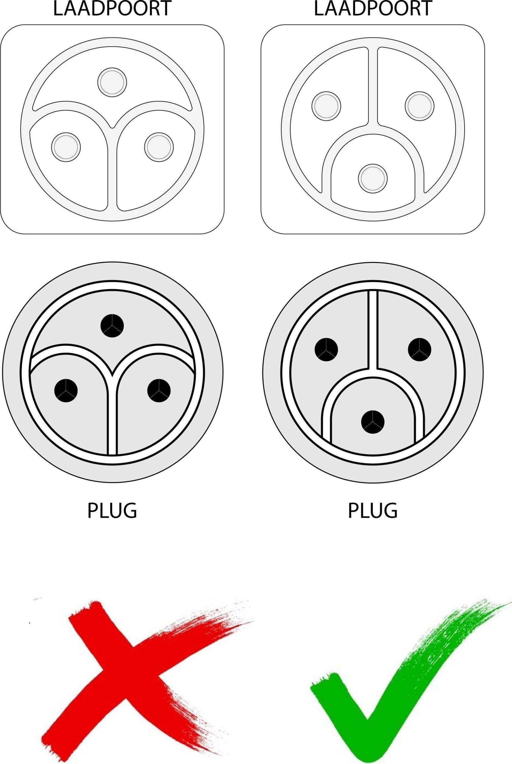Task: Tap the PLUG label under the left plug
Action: pyautogui.click(x=112, y=510)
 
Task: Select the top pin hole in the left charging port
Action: pyautogui.click(x=112, y=82)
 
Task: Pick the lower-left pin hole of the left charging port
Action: pyautogui.click(x=66, y=147)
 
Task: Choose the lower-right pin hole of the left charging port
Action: pyautogui.click(x=159, y=147)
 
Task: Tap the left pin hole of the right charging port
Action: pyautogui.click(x=326, y=106)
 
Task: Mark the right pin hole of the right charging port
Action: pyautogui.click(x=420, y=106)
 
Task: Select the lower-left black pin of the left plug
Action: pyautogui.click(x=66, y=390)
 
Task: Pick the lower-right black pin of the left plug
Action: pyautogui.click(x=159, y=390)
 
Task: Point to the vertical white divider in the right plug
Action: pyautogui.click(x=373, y=330)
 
